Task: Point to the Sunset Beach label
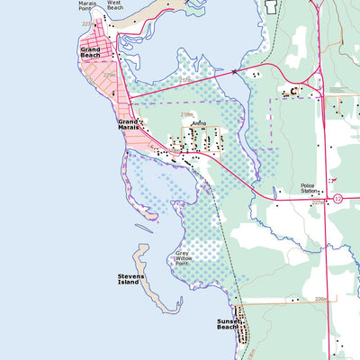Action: (229, 323)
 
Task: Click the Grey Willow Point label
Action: (184, 259)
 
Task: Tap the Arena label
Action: (199, 123)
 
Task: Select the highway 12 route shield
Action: (337, 197)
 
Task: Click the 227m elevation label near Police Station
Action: (317, 203)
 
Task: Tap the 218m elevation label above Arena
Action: (187, 114)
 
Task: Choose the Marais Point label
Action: (87, 5)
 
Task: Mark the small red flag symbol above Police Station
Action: (333, 181)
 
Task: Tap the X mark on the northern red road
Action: (234, 71)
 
